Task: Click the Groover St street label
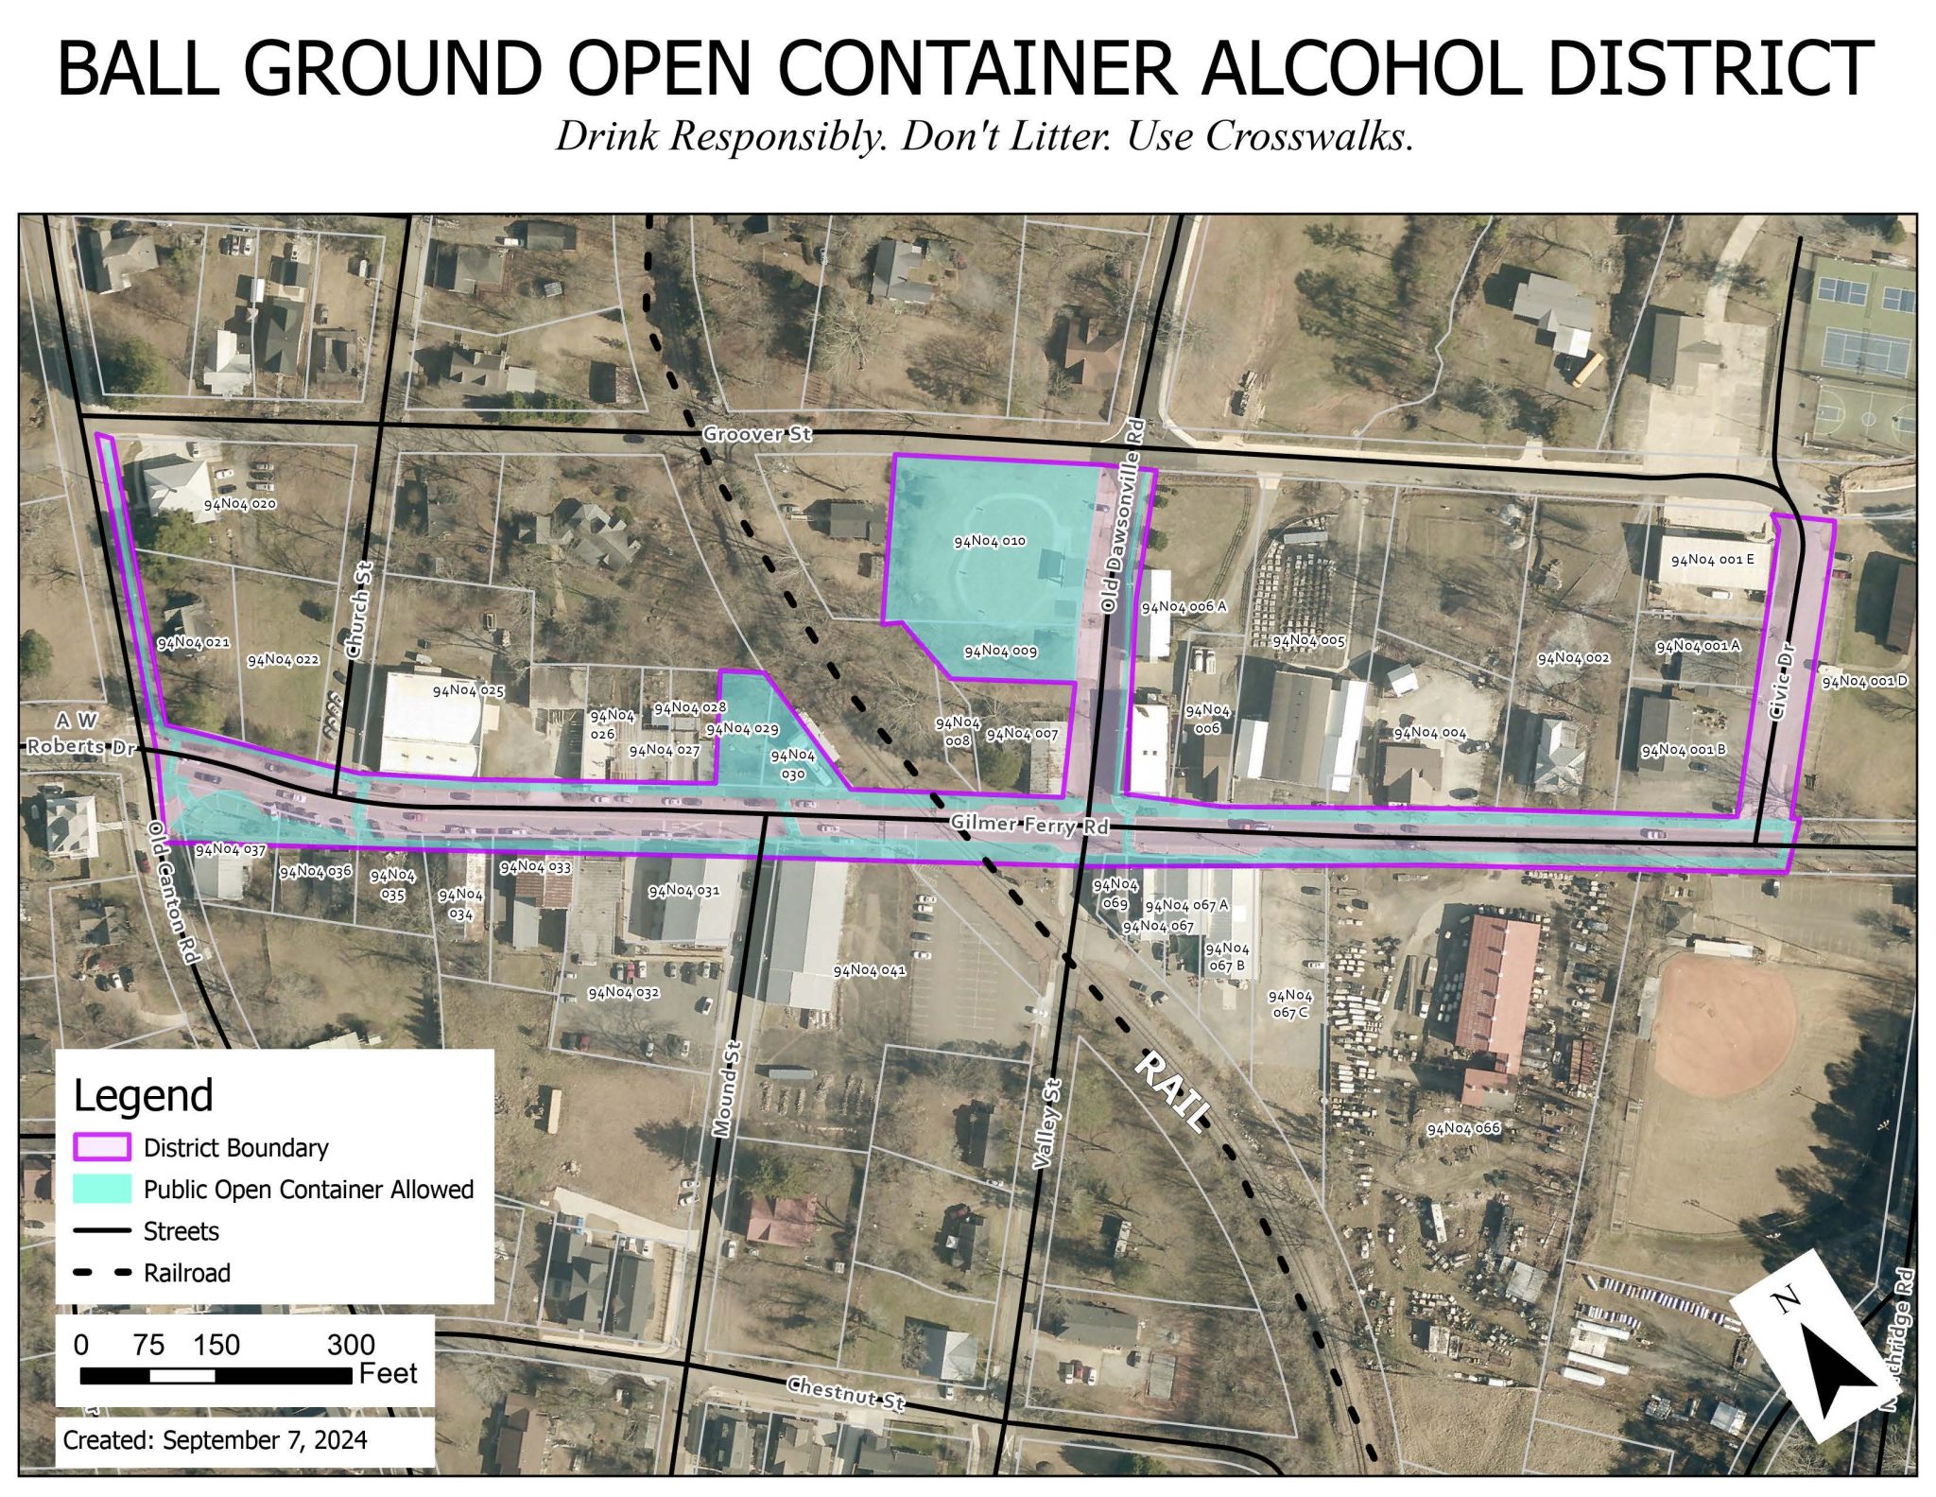pos(756,434)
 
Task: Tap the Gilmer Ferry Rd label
pos(1028,825)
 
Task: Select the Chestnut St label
pos(846,1393)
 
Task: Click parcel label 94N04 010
pos(989,542)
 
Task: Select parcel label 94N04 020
pos(240,504)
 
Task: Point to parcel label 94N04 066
pos(1463,1128)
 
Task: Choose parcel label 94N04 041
pos(869,970)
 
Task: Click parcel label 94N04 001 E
pos(1712,560)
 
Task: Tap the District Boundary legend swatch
pos(101,1147)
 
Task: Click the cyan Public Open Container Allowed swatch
pos(101,1189)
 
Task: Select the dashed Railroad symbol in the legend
pos(101,1273)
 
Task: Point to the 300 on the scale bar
pos(351,1344)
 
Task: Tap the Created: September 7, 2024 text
pos(216,1440)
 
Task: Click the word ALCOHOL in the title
pos(1349,68)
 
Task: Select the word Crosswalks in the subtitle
pos(1308,137)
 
